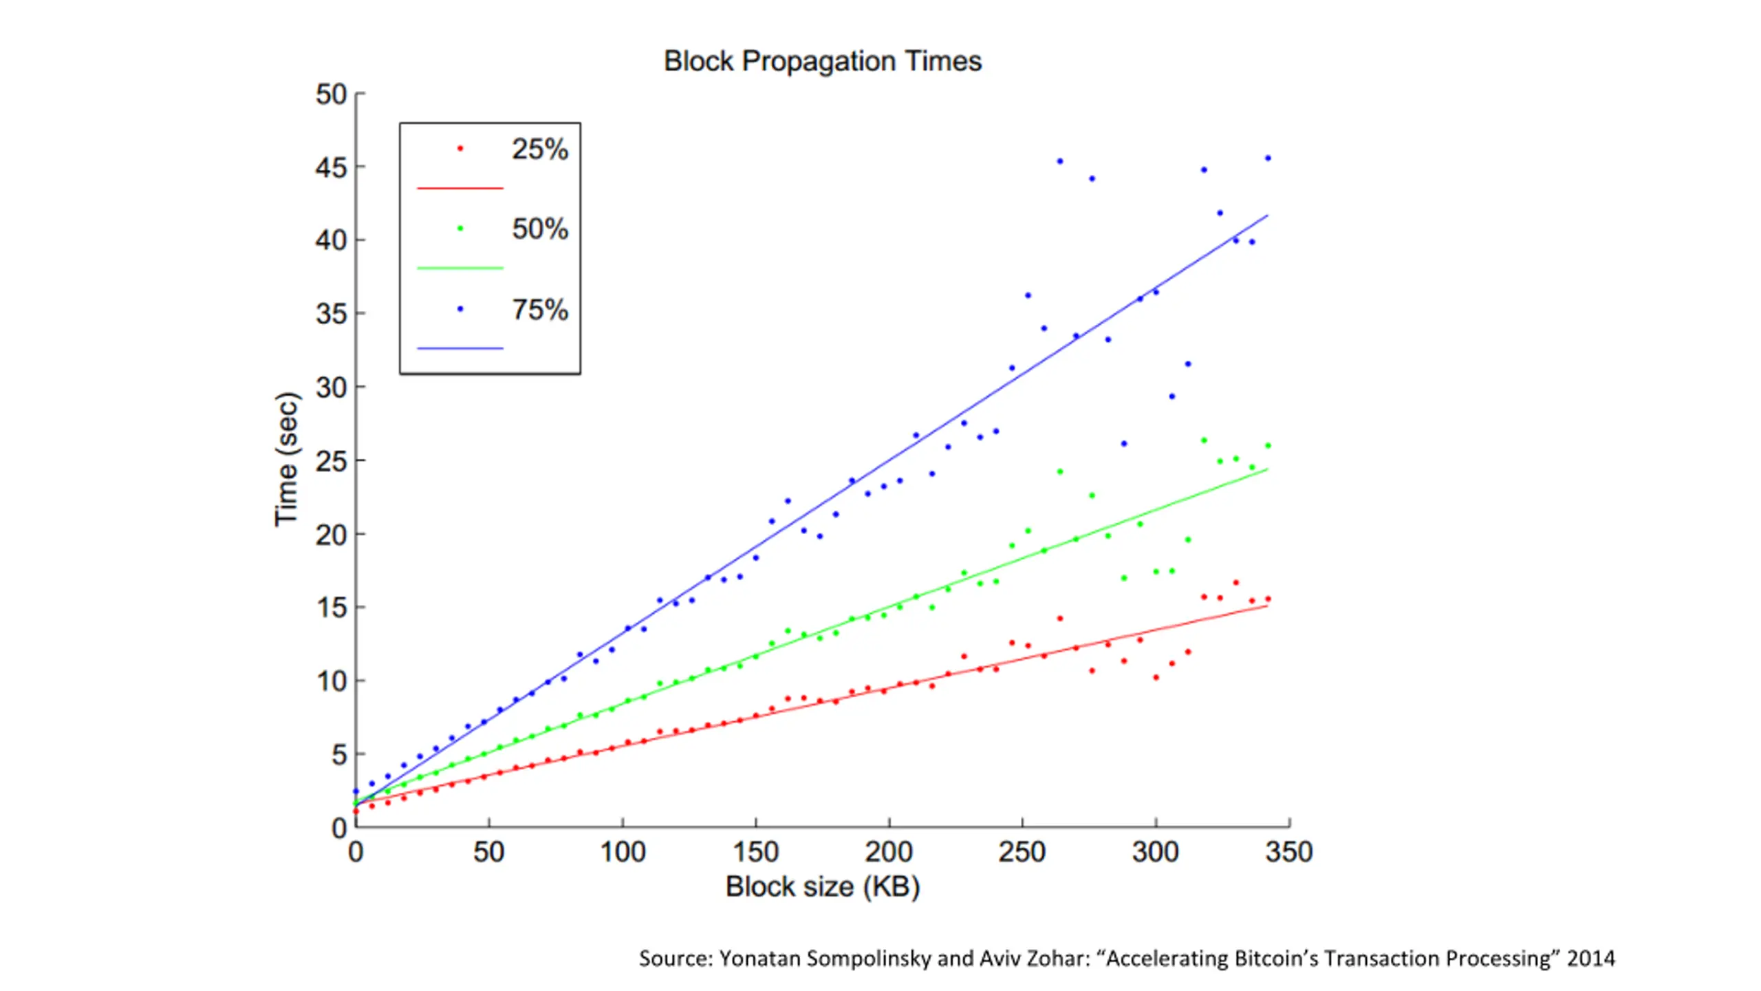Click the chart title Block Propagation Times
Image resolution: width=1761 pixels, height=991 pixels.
tap(822, 61)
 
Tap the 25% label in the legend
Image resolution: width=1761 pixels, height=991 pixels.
tap(540, 149)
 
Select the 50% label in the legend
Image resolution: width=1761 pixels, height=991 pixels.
tap(540, 229)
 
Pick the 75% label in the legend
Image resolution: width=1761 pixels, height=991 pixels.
tap(540, 310)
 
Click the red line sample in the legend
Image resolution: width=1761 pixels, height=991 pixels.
tap(460, 188)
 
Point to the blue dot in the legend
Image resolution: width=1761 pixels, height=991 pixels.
tap(460, 309)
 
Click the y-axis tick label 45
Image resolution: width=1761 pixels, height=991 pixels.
tap(331, 167)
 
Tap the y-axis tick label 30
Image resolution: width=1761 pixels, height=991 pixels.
tap(331, 388)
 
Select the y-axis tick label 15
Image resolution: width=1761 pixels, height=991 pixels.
tap(331, 608)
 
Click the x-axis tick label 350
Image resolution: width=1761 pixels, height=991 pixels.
tap(1288, 853)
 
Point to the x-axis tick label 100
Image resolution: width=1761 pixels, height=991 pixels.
tap(623, 853)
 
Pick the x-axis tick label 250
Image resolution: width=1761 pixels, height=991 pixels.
tap(1022, 853)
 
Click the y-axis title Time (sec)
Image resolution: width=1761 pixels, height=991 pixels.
tap(286, 459)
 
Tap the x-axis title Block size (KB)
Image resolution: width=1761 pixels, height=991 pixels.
tap(822, 887)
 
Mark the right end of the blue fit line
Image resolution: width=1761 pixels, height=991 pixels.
tap(1267, 215)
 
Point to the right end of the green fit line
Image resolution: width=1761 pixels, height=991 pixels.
tap(1267, 469)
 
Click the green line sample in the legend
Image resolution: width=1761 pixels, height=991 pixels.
tap(460, 268)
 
